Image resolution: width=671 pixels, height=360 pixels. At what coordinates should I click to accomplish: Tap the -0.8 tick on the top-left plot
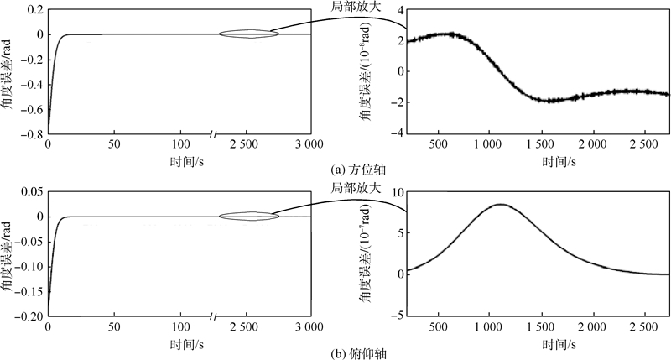click(31, 133)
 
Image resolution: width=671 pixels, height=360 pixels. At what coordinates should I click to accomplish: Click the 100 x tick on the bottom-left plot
click(181, 326)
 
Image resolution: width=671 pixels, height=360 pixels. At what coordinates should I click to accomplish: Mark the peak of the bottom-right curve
click(501, 204)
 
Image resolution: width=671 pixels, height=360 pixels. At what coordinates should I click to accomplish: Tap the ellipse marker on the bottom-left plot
click(248, 217)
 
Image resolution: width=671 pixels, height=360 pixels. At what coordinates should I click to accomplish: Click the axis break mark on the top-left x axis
click(213, 133)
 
